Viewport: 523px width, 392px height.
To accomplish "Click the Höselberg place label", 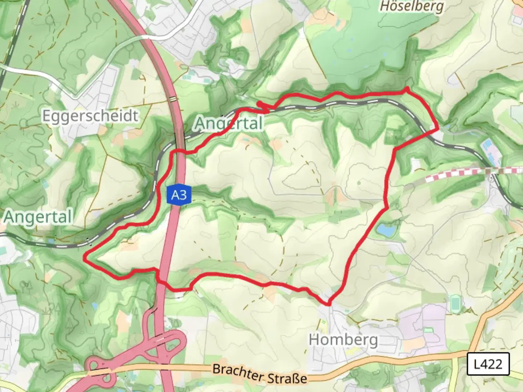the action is (x=412, y=7).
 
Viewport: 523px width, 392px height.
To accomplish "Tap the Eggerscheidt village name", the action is (x=90, y=116).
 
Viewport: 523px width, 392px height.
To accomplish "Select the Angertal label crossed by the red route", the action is (x=229, y=123).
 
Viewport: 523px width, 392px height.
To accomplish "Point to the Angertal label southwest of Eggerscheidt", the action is (x=38, y=217).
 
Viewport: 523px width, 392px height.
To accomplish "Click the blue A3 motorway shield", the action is (x=179, y=195).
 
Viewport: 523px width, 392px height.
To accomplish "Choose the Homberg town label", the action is (x=343, y=340).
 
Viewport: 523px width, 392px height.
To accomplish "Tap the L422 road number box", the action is (x=488, y=363).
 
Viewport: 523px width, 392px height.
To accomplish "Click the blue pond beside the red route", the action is (x=386, y=230).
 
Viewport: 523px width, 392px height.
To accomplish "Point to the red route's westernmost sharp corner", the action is (x=85, y=258).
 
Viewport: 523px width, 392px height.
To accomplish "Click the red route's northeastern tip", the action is (x=408, y=89).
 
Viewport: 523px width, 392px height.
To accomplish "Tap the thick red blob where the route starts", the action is (x=260, y=104).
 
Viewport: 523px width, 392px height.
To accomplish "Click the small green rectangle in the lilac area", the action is (x=429, y=330).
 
